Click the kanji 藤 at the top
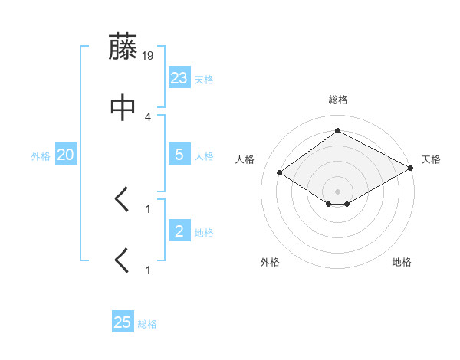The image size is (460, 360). click(123, 47)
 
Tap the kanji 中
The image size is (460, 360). click(123, 108)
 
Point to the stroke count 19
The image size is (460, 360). click(148, 55)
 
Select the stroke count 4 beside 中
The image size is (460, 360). click(148, 116)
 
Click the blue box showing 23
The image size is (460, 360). click(179, 77)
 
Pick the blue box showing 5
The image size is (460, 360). click(179, 154)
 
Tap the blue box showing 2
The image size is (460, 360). click(179, 231)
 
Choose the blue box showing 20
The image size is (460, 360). click(66, 155)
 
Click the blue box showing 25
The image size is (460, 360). click(123, 322)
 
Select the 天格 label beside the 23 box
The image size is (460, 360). click(204, 80)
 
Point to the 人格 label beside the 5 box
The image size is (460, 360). click(204, 156)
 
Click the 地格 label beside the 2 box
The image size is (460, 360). click(204, 233)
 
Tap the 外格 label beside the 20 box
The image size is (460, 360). click(41, 156)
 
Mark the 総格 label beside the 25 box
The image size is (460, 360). click(147, 325)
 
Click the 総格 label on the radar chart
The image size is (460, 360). click(338, 100)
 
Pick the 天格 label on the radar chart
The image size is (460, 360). click(431, 159)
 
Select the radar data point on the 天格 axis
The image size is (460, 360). click(411, 169)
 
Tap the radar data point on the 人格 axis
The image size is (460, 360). click(280, 173)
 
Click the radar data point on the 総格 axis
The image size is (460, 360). click(338, 131)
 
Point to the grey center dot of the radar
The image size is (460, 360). click(338, 191)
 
